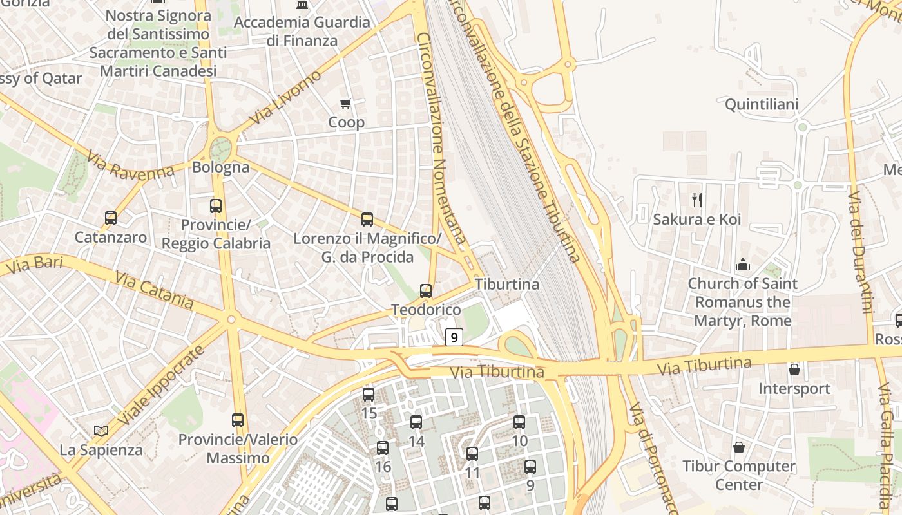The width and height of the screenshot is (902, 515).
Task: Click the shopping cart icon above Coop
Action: tap(346, 104)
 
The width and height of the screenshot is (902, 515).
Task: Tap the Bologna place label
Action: tap(220, 167)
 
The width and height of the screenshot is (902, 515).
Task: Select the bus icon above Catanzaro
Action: tap(111, 218)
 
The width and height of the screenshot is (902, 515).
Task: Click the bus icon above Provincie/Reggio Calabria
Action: tap(216, 206)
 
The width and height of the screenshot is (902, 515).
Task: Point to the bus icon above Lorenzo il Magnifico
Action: tap(367, 220)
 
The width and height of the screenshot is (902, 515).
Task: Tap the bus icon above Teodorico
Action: tap(426, 291)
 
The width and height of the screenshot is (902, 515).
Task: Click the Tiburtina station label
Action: tap(507, 284)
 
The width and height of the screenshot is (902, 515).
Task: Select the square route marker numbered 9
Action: tap(454, 337)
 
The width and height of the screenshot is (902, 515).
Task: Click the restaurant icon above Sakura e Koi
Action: tap(696, 200)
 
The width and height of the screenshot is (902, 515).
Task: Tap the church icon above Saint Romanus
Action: tap(742, 265)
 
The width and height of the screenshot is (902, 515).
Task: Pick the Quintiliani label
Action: tap(762, 104)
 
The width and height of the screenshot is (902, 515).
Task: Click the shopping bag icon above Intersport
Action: tap(794, 370)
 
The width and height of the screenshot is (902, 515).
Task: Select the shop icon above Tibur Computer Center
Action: tap(739, 447)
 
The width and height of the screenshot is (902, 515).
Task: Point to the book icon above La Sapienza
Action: tap(101, 431)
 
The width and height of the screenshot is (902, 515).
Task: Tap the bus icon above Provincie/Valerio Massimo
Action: tap(238, 420)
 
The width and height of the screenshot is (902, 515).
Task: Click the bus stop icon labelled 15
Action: tap(369, 394)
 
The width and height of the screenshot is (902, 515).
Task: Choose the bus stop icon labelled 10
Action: tap(519, 422)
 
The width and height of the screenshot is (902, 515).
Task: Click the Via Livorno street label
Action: tap(285, 98)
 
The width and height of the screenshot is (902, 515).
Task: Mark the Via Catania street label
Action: tap(154, 290)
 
